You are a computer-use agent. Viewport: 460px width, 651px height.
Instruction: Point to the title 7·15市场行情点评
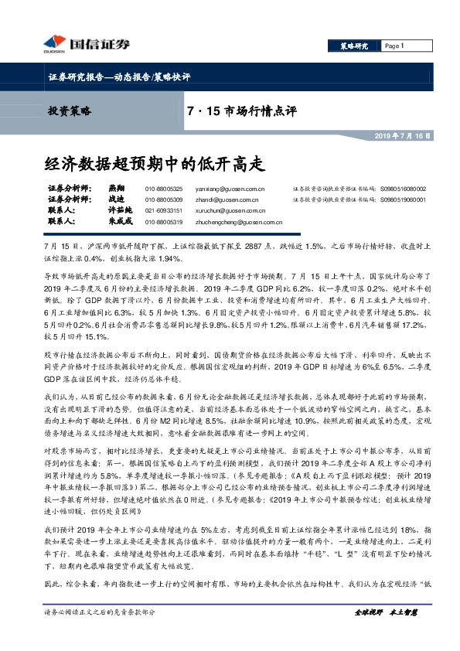click(x=242, y=111)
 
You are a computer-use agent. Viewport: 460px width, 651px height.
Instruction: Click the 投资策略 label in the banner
click(x=70, y=111)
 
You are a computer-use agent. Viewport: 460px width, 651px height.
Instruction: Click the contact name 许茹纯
click(x=117, y=210)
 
